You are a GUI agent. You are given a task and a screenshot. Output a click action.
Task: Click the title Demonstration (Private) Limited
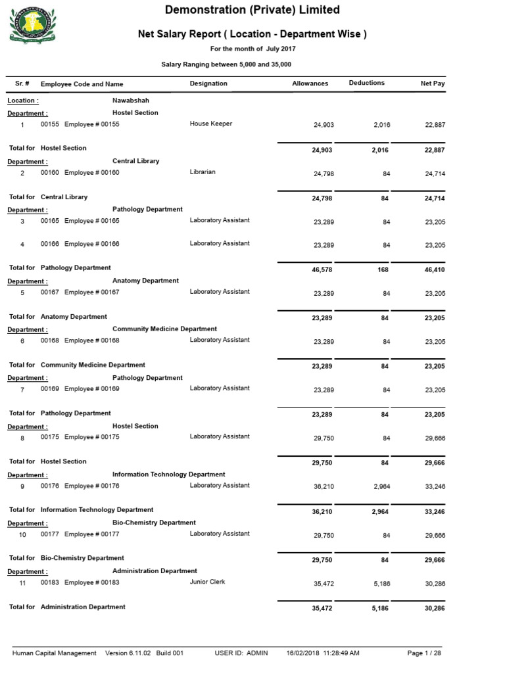click(x=252, y=10)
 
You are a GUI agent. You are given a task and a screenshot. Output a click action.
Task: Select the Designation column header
click(x=208, y=83)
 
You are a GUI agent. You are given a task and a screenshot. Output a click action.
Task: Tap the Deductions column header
click(x=366, y=83)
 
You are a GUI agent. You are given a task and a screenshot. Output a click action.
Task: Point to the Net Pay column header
click(x=433, y=83)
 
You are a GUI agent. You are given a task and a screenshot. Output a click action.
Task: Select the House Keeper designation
click(x=210, y=124)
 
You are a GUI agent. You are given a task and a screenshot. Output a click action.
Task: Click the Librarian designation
click(x=203, y=172)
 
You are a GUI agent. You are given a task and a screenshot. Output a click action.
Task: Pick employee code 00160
click(x=50, y=173)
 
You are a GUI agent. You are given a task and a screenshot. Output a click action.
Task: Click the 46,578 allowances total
click(x=322, y=269)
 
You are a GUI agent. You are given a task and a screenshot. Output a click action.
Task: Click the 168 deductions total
click(x=383, y=269)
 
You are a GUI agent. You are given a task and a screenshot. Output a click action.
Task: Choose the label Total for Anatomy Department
click(x=58, y=317)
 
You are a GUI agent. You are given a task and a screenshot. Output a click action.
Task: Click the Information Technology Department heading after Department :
click(x=168, y=475)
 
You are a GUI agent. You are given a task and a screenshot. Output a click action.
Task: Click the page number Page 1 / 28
click(x=424, y=653)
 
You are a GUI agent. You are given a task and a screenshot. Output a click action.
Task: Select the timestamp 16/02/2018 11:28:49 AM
click(x=323, y=653)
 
